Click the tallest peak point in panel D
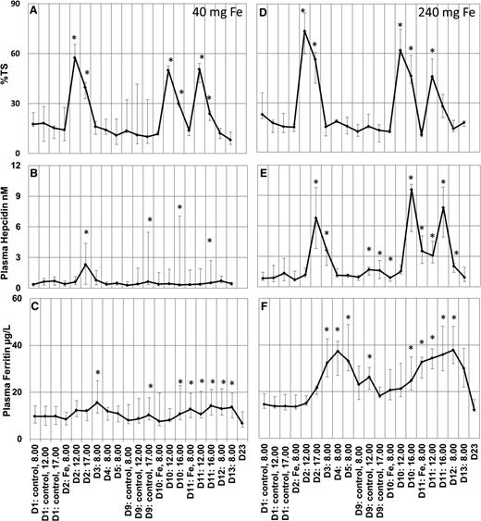pyautogui.click(x=304, y=31)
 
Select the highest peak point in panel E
pyautogui.click(x=411, y=191)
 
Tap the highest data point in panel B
pyautogui.click(x=86, y=265)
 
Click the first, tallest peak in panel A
pyautogui.click(x=75, y=57)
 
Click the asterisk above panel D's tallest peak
pyautogui.click(x=304, y=10)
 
